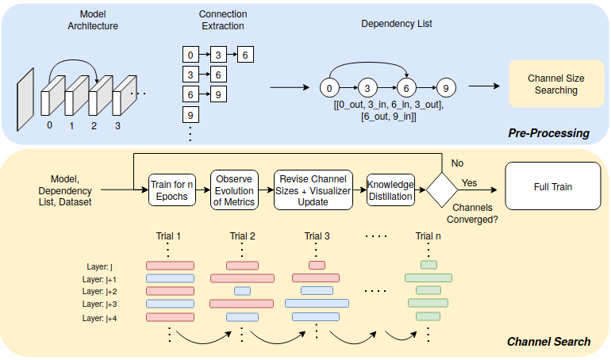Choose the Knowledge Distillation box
[390, 190]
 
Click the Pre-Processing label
[549, 132]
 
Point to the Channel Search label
[548, 342]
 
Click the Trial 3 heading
[317, 236]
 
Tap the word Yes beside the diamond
[470, 182]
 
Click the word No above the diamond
[457, 162]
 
